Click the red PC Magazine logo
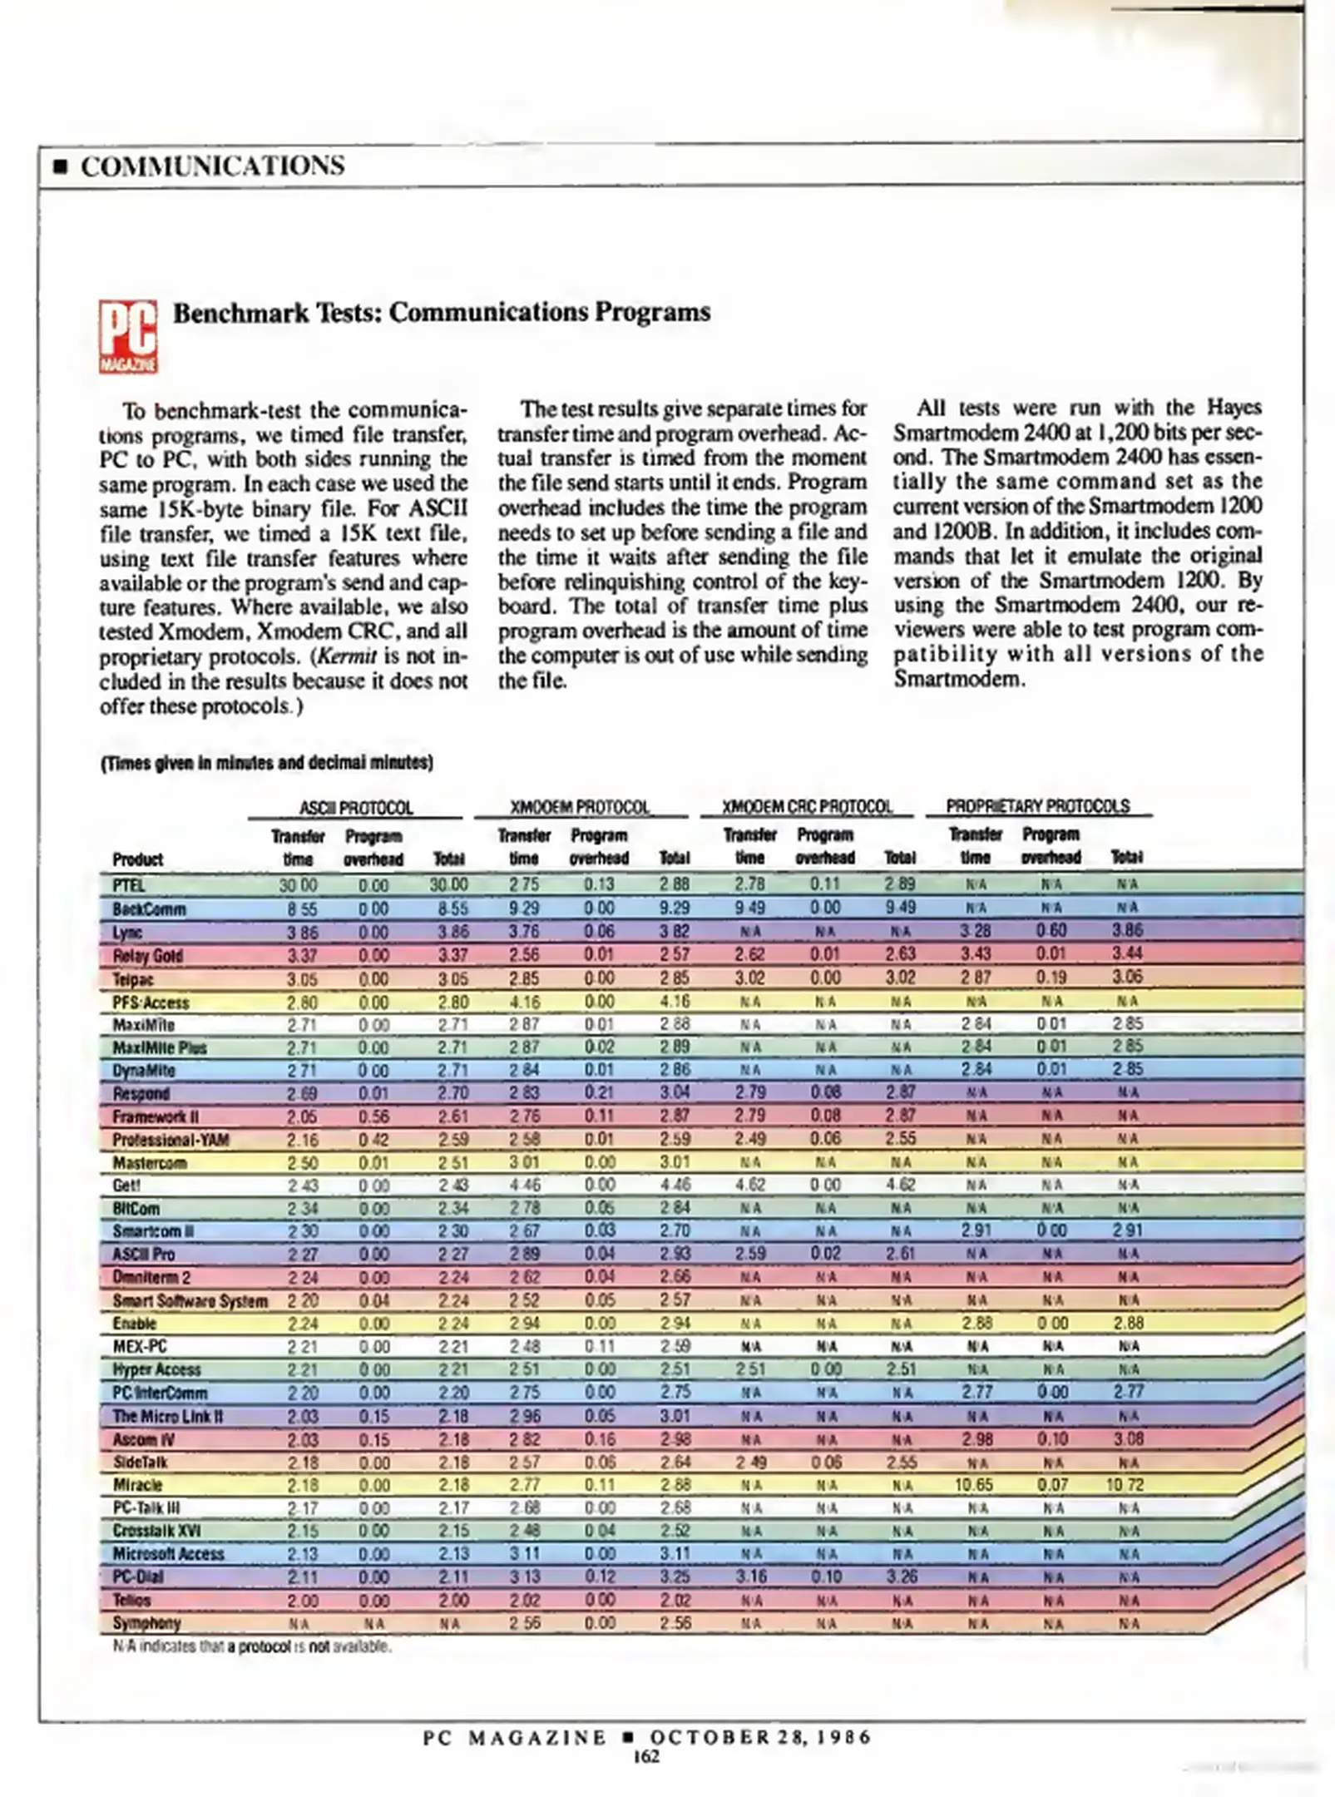(128, 336)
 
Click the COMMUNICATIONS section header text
(212, 166)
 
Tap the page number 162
(646, 1756)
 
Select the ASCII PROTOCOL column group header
(356, 808)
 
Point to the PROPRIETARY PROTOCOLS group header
(1037, 806)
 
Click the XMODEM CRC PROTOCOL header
(807, 806)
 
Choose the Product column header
(138, 859)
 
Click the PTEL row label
(129, 885)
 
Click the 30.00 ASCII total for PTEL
(449, 885)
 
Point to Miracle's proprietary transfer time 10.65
(974, 1484)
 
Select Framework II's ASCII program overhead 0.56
(373, 1116)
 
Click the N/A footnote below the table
(252, 1646)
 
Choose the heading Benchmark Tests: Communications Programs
(442, 312)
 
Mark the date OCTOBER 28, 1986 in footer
(760, 1737)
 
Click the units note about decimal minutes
(267, 763)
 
